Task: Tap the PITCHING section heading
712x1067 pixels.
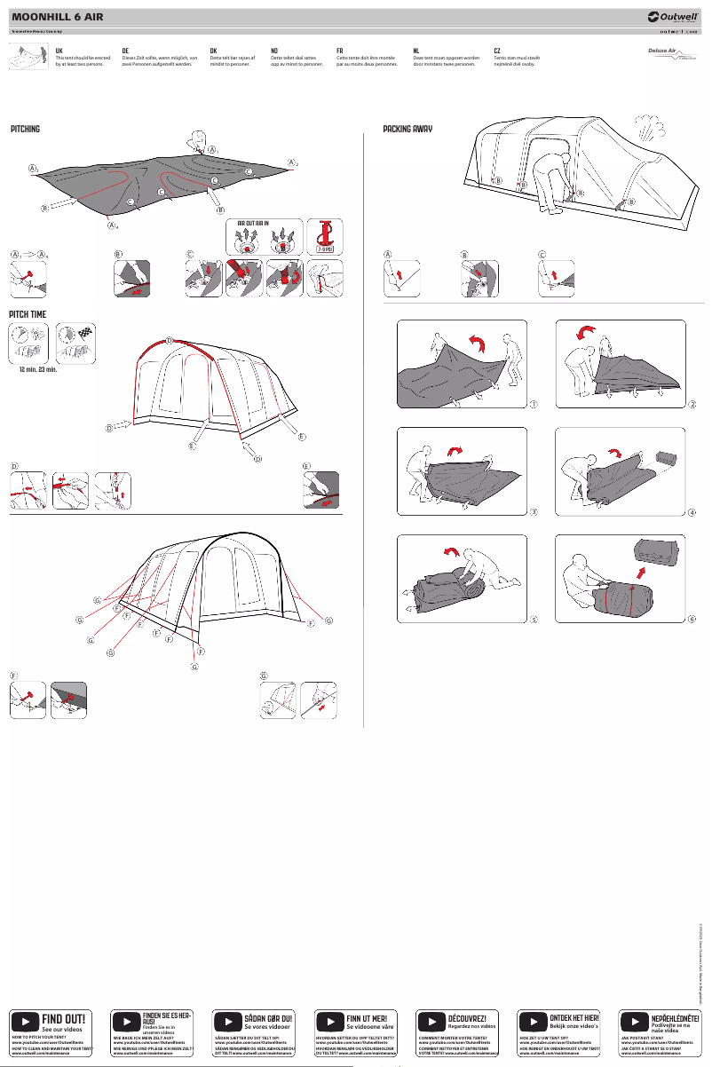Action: (25, 130)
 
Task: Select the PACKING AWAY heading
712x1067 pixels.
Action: (407, 130)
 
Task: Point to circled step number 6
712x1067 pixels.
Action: (692, 619)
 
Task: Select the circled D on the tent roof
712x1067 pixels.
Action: (170, 341)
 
